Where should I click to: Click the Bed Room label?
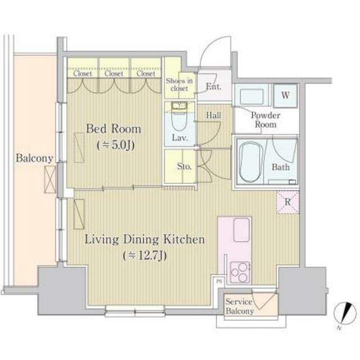[114, 129]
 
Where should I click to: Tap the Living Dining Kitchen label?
[145, 240]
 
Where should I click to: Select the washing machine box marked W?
[285, 96]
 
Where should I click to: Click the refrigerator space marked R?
[287, 202]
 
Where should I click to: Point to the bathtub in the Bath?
[251, 162]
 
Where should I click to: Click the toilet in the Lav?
[179, 118]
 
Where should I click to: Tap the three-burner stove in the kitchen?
[240, 272]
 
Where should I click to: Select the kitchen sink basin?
[241, 230]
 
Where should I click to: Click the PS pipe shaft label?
[219, 281]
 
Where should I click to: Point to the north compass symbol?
[345, 313]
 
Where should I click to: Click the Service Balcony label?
[240, 306]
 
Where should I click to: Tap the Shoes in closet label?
[179, 84]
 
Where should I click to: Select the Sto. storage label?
[184, 166]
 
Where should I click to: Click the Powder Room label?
[265, 120]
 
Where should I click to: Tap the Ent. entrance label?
[214, 87]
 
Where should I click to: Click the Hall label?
[214, 115]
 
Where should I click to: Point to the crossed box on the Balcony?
[50, 179]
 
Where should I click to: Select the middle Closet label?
[114, 74]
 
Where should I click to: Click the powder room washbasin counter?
[251, 96]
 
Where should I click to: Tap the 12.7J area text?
[145, 255]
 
